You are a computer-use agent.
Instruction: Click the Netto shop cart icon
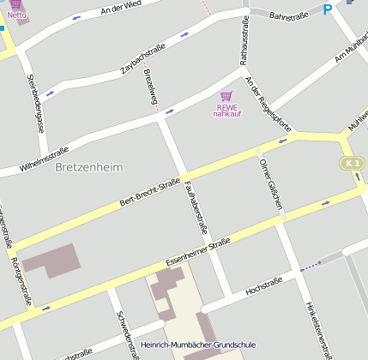click(x=15, y=4)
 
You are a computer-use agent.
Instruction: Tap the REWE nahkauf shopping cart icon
click(x=226, y=96)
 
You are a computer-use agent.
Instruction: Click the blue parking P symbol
click(x=327, y=9)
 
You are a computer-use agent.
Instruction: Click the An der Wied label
click(x=120, y=9)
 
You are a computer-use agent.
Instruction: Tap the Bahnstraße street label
click(x=288, y=15)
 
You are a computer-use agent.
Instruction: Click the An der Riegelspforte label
click(x=268, y=105)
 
